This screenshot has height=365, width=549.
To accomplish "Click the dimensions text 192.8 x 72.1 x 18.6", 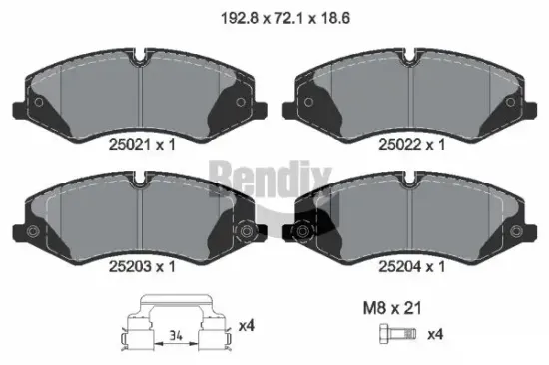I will pos(274,16).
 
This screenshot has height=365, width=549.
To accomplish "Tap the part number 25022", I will pos(402,145).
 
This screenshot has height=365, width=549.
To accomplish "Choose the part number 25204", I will pos(402,266).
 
